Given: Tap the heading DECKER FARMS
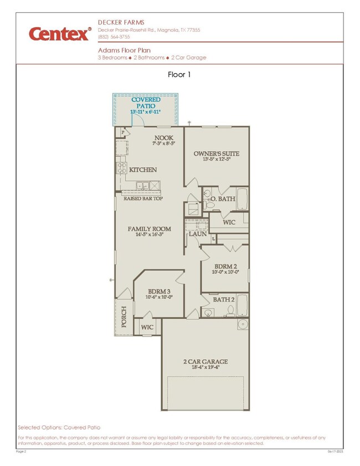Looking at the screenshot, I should click(121, 22).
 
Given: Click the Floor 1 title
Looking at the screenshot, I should click(179, 74).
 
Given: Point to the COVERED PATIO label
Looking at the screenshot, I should click(146, 103).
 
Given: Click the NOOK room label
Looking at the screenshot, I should click(163, 138).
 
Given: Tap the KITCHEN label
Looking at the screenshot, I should click(143, 170).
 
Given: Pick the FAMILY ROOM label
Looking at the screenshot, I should click(150, 229).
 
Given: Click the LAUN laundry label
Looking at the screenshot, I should click(197, 234).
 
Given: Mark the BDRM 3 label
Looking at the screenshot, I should click(159, 291).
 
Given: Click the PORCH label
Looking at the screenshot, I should click(124, 317).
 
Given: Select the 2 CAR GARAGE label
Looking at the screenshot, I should click(205, 362).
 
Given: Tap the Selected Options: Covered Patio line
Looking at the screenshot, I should click(59, 427).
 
